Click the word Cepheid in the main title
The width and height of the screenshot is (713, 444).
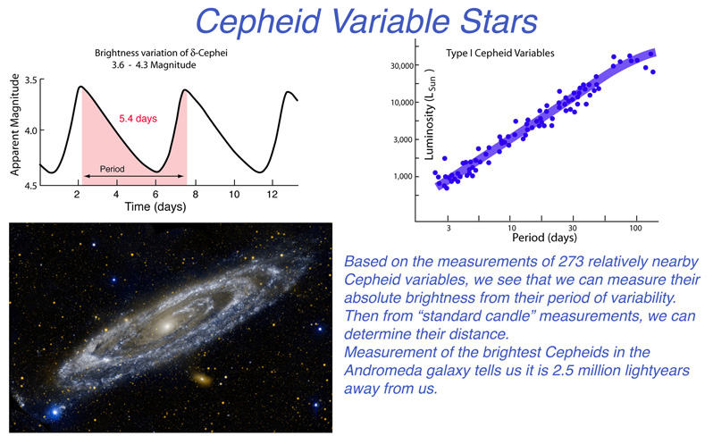[x=257, y=21]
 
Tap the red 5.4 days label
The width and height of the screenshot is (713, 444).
[x=138, y=119]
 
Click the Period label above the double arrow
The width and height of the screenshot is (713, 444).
[x=112, y=169]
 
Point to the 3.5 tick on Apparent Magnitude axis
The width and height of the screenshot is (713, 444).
[x=31, y=80]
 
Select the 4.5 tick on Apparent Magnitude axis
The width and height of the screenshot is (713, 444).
[x=31, y=186]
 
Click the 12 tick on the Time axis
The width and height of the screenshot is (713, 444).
[x=272, y=195]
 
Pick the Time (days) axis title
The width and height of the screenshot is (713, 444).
[x=155, y=206]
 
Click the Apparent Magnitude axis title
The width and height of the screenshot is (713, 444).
[x=15, y=124]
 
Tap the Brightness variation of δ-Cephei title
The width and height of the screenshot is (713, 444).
[x=161, y=54]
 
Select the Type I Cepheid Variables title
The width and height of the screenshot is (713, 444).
[x=500, y=54]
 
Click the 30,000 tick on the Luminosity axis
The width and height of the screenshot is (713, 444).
[x=402, y=66]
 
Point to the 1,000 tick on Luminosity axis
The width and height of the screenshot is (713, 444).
[x=404, y=176]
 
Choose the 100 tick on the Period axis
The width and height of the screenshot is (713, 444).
[x=635, y=228]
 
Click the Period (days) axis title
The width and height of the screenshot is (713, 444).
[x=544, y=238]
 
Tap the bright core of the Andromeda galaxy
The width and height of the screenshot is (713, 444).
[x=167, y=325]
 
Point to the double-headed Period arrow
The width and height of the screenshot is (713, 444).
[x=134, y=176]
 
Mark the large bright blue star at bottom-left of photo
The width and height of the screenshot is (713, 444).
[x=55, y=412]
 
